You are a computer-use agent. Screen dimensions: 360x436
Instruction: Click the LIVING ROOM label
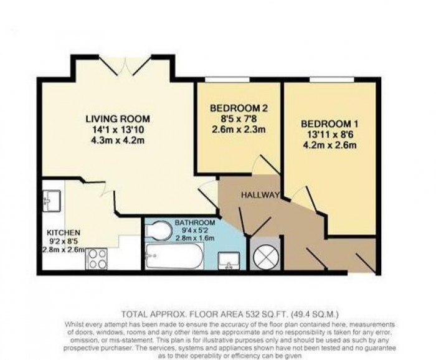pos(118,118)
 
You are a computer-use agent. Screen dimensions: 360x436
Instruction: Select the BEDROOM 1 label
pos(329,123)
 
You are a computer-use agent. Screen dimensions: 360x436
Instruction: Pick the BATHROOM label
pos(195,222)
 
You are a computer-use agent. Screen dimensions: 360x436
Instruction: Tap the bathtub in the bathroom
pos(174,255)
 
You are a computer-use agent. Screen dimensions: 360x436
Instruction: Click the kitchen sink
pos(49,199)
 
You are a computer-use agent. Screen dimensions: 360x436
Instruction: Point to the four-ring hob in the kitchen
pos(97,258)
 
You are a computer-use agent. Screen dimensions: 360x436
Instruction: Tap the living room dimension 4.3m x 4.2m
pos(118,141)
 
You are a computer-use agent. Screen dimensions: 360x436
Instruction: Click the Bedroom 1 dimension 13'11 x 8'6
pos(329,135)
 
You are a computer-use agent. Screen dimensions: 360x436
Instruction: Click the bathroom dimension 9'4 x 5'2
pos(195,230)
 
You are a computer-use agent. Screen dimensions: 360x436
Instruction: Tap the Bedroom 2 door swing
pos(266,165)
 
